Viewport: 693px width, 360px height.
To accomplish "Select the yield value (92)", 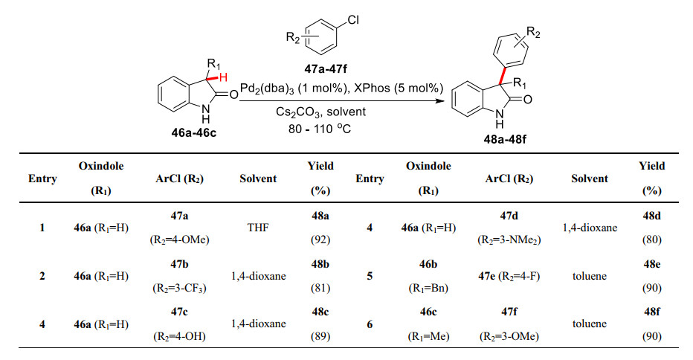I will (x=321, y=240).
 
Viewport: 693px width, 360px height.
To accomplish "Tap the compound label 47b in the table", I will (x=178, y=263).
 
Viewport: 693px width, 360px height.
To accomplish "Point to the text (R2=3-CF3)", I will (x=178, y=286).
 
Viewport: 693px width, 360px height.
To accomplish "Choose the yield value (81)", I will (x=321, y=286).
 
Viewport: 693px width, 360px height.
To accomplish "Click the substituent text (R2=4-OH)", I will (x=178, y=335).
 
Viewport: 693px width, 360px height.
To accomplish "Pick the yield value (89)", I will (x=321, y=335).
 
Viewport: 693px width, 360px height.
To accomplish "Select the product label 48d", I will (x=652, y=214).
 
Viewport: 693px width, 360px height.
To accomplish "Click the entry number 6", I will (x=370, y=324).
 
